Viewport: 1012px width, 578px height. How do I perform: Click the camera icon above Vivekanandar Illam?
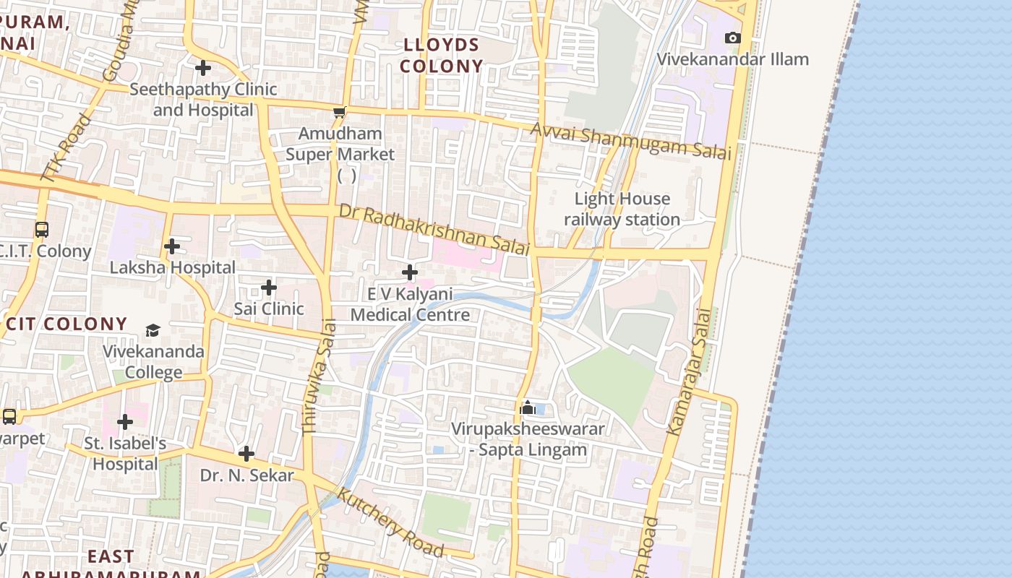(732, 38)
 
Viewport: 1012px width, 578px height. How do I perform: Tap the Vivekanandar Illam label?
(732, 59)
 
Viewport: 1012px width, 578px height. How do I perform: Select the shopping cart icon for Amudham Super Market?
(339, 112)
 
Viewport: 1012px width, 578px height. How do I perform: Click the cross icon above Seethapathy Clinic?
(203, 68)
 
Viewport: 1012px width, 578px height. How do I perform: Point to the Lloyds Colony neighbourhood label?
(441, 56)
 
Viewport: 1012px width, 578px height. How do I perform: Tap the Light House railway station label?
(622, 209)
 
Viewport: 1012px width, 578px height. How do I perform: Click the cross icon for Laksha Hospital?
(171, 246)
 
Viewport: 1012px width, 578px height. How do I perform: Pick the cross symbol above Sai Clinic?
(268, 288)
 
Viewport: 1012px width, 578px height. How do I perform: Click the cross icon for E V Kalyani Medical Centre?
(410, 272)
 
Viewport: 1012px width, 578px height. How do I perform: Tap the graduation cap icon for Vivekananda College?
(153, 331)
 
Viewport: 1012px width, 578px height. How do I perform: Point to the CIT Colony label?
(67, 324)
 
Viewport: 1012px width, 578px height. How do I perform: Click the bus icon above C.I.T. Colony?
(42, 230)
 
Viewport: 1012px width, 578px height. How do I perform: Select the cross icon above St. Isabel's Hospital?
(125, 421)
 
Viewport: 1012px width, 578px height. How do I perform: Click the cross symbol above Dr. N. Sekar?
(246, 454)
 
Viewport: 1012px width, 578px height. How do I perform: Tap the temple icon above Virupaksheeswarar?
(527, 408)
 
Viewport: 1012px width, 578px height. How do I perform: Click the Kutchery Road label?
(390, 522)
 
